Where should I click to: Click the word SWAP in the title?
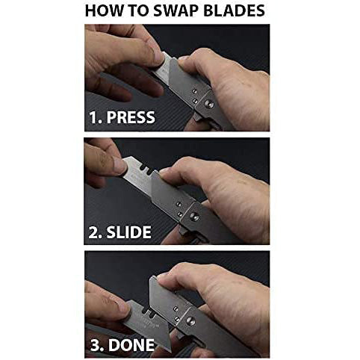tap(176, 10)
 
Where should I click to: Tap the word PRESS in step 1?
tap(131, 117)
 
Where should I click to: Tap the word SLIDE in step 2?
tap(128, 232)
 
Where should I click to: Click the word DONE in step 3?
tap(131, 345)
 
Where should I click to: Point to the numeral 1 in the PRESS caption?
tap(94, 117)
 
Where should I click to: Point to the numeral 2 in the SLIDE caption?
tap(94, 232)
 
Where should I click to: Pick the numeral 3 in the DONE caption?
tap(96, 345)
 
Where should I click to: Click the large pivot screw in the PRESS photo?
tap(209, 104)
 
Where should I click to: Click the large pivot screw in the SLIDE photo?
tap(194, 216)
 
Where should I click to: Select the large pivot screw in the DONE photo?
tap(190, 321)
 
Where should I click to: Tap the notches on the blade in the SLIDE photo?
tap(145, 170)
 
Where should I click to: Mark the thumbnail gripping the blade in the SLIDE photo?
tap(120, 167)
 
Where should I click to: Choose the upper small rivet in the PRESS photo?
tap(195, 91)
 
